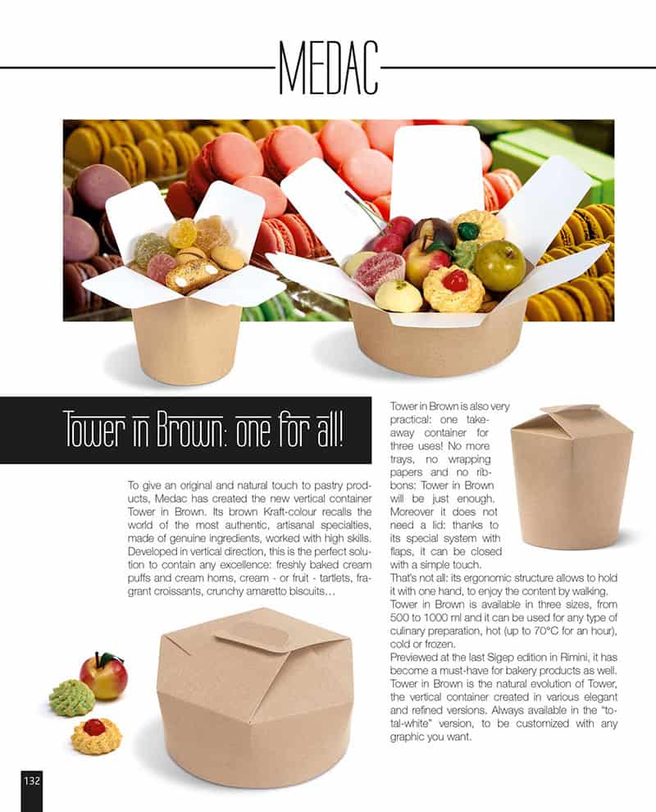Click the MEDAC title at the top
click(328, 68)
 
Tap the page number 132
click(32, 780)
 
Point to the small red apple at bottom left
click(103, 677)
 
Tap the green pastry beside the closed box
click(72, 699)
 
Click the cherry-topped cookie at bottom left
click(96, 737)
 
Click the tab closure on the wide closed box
click(251, 634)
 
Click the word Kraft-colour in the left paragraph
click(291, 512)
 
